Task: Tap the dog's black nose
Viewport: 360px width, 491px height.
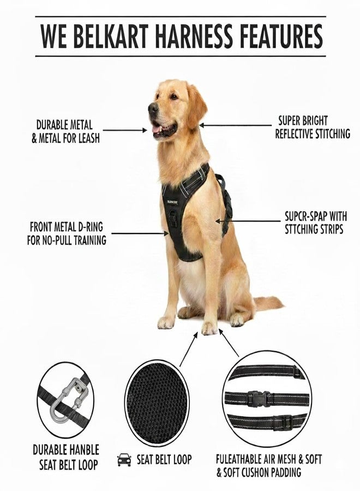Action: [x=153, y=108]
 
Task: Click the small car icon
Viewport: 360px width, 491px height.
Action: [x=124, y=460]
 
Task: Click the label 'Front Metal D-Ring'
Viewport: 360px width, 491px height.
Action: [x=67, y=226]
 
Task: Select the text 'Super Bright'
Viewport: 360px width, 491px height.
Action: [x=303, y=121]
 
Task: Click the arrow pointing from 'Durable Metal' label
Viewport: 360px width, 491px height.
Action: [x=124, y=130]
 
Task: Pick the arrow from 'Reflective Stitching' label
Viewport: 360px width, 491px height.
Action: [x=236, y=125]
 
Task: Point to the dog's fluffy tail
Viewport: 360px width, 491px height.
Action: [x=268, y=303]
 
